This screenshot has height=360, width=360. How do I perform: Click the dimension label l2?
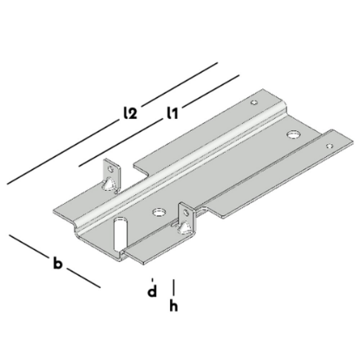click(130, 112)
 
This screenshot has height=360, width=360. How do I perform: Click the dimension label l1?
click(173, 111)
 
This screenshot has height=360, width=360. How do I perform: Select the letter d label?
click(151, 292)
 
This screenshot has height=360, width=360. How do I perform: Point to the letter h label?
click(175, 306)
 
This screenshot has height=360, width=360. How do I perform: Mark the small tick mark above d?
click(152, 278)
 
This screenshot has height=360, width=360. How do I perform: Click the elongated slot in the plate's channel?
click(118, 234)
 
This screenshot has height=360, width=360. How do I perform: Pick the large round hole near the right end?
click(295, 135)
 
